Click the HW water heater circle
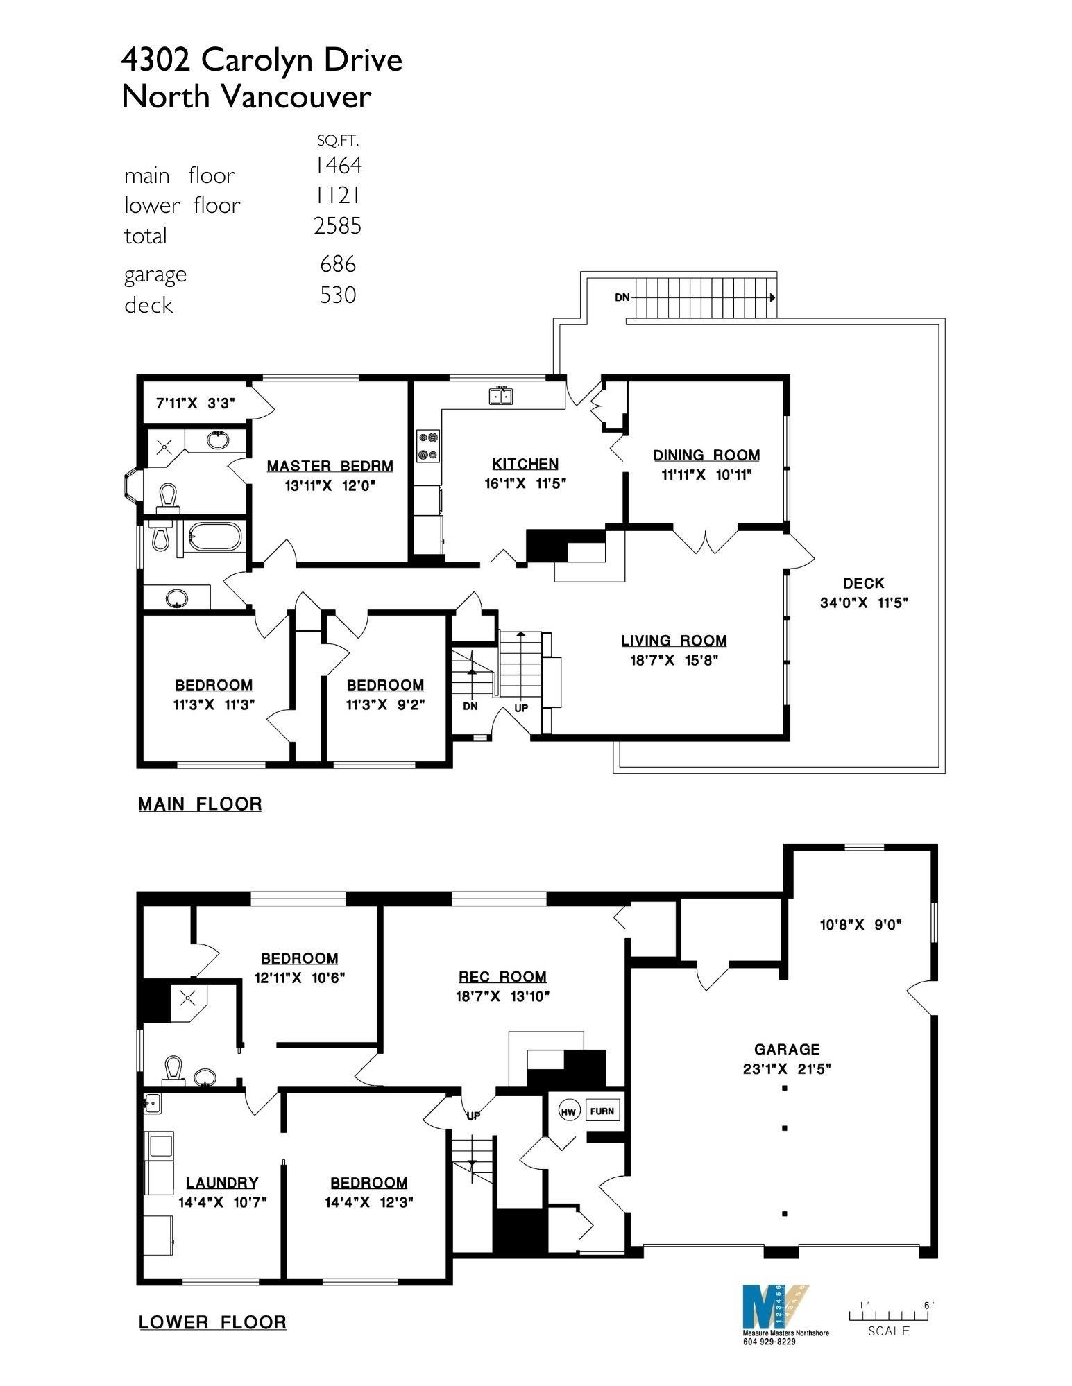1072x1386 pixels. (568, 1112)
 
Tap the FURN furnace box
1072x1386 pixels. (602, 1111)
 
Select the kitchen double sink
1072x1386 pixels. (501, 396)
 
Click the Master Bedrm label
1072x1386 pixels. (330, 467)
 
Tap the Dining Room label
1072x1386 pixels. (706, 455)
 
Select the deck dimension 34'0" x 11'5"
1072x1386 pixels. (864, 603)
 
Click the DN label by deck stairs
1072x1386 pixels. (622, 297)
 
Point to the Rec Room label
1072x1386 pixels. (502, 977)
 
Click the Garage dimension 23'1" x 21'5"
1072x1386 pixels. (787, 1069)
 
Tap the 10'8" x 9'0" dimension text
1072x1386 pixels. (860, 924)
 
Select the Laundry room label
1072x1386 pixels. (222, 1183)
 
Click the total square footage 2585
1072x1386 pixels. (338, 226)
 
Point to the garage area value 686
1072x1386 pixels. (338, 264)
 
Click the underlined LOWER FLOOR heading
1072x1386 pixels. (212, 1322)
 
